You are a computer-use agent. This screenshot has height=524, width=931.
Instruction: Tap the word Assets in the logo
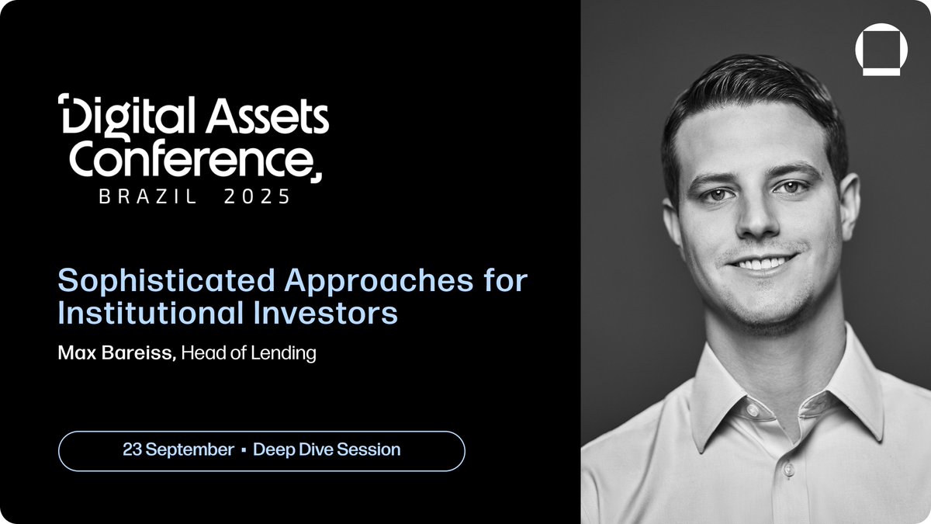pos(267,115)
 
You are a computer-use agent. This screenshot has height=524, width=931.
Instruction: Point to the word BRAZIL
pos(147,196)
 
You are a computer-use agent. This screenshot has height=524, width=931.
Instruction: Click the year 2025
pos(257,196)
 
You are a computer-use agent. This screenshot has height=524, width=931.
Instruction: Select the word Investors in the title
pos(325,312)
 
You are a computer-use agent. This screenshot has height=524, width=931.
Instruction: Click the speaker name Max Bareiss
pos(117,352)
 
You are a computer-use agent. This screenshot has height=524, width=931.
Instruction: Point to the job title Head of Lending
pos(248,353)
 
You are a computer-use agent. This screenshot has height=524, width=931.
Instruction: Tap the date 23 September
pos(178,449)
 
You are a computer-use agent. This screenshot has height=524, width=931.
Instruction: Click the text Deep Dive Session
pos(327,449)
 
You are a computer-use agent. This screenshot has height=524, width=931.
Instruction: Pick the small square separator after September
pos(244,450)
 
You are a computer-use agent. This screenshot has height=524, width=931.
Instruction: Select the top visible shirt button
pos(753,410)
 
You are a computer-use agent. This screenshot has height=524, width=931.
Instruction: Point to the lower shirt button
pos(788,470)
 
